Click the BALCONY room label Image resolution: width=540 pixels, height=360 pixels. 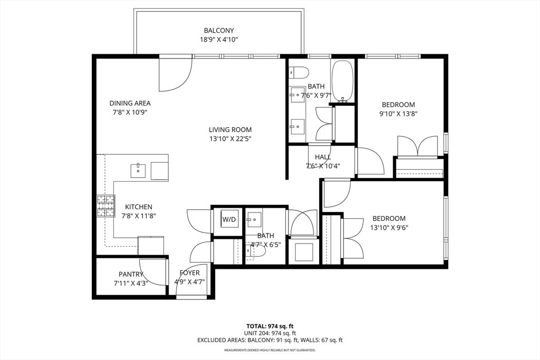point(219,30)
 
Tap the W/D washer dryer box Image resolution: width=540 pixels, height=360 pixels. point(229,219)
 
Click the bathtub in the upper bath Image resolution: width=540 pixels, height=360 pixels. point(342,81)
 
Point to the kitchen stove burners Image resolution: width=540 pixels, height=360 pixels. point(105,206)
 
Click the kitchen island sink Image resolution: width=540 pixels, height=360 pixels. point(138,171)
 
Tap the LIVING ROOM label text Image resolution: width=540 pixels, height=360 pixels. point(230,130)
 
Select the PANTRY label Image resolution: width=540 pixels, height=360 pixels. point(131,274)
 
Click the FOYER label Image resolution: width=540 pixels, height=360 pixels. point(189,273)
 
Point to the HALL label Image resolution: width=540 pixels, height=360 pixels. point(323,157)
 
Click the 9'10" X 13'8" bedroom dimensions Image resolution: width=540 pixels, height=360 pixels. point(399,113)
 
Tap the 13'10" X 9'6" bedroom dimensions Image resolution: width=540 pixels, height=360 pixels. point(389,228)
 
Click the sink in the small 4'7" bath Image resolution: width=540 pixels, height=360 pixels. point(254,219)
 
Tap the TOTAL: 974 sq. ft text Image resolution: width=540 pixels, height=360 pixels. point(270,326)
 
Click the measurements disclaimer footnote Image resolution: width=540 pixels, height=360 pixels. point(270,351)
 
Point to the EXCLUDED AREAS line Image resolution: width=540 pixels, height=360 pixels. point(270,340)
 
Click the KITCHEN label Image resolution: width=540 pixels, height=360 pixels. point(139,207)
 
